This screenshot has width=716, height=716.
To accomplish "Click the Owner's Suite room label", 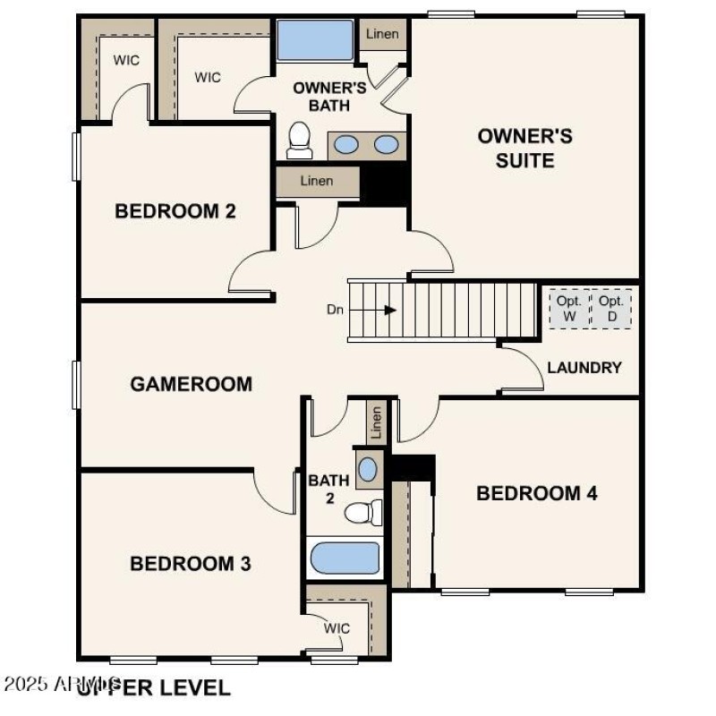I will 524,149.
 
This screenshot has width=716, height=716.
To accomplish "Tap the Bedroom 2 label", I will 175,211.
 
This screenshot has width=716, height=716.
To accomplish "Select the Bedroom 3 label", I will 190,564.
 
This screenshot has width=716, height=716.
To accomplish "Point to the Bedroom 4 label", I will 537,493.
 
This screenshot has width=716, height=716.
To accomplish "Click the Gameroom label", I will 191,384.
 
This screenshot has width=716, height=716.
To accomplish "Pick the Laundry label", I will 584,368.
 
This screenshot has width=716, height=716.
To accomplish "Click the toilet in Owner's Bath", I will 300,141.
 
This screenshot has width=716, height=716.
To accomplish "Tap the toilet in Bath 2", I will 362,513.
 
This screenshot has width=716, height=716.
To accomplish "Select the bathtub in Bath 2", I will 345,558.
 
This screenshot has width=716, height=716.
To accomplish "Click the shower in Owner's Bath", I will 315,41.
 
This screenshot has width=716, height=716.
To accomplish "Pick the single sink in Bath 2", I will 368,469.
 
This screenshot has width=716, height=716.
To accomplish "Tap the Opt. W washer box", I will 568,309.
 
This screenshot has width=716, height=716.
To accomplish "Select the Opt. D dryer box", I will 612,309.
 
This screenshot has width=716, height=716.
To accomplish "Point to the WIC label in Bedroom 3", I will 337,628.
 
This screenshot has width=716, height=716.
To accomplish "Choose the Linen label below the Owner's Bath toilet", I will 316,182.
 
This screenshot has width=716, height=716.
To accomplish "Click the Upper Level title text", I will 153,687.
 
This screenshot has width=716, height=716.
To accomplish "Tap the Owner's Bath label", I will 330,97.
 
